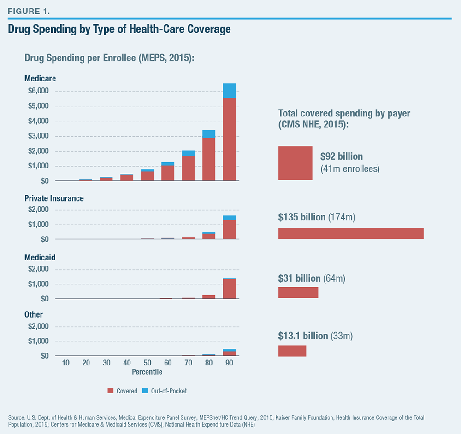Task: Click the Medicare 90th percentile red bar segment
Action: [x=229, y=139]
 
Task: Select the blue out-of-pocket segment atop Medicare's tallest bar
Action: [x=229, y=91]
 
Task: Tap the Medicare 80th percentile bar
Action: [x=209, y=159]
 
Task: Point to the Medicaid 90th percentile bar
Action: [x=229, y=289]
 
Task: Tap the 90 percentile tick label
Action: [x=229, y=363]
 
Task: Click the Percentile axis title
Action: [x=147, y=371]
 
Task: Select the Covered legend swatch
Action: [x=110, y=391]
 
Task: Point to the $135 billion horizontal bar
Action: [x=351, y=233]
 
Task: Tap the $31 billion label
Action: [x=299, y=278]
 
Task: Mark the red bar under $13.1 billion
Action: [x=292, y=351]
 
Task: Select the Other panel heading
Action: [x=34, y=315]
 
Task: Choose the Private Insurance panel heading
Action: [x=54, y=198]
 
